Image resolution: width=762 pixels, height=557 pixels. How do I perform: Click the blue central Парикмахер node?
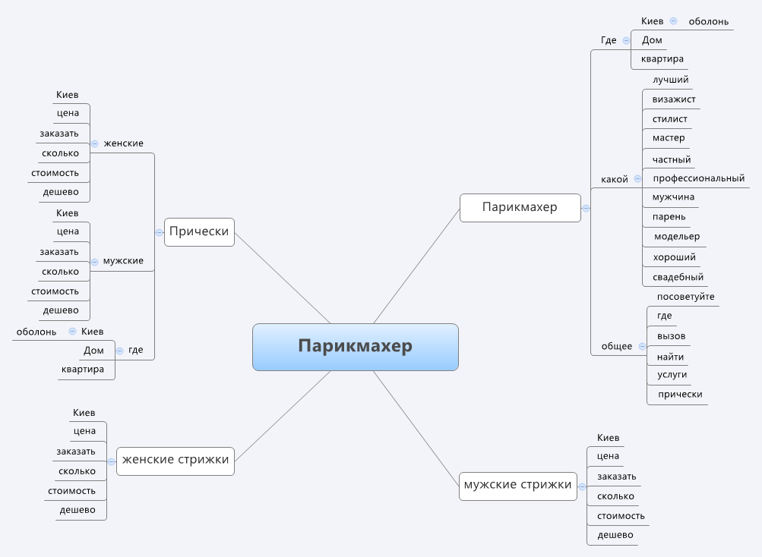point(355,347)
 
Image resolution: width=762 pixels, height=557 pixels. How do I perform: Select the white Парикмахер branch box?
point(520,207)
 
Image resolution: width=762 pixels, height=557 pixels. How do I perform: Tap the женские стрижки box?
point(175,460)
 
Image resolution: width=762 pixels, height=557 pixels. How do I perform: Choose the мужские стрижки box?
point(517,485)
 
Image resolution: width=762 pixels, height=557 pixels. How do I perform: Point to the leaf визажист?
point(674,99)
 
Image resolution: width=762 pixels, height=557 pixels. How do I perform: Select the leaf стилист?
point(670,119)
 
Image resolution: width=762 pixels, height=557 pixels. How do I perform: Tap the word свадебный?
point(678,277)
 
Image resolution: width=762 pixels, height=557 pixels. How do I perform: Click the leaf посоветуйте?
point(685,297)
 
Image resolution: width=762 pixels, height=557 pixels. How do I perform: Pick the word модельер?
point(677,237)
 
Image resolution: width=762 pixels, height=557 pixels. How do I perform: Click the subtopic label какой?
point(615,180)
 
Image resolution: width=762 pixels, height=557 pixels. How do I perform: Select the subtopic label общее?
point(617,346)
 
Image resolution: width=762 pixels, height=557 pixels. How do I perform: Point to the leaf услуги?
point(672,375)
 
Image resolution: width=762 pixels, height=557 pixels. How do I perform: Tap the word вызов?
point(672,336)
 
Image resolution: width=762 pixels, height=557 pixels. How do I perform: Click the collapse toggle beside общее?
point(642,346)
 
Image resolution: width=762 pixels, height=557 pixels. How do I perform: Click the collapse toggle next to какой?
point(637,179)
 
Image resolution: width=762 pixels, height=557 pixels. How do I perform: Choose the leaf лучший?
point(670,80)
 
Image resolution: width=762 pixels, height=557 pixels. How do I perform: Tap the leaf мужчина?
point(673,197)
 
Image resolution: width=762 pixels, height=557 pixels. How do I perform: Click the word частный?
point(672,159)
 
